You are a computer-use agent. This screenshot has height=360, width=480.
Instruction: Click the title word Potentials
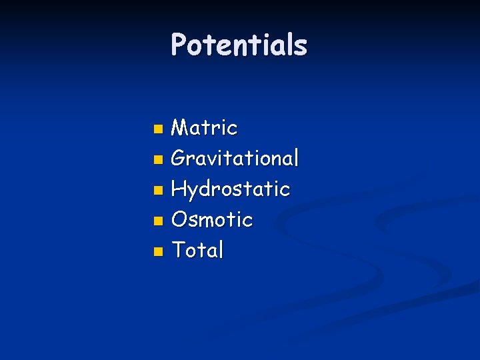click(x=239, y=45)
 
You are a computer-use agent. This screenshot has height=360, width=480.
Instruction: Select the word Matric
click(x=204, y=127)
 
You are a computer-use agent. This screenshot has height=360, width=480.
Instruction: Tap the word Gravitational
click(x=235, y=159)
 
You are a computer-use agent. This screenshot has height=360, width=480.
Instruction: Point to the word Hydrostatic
click(x=230, y=189)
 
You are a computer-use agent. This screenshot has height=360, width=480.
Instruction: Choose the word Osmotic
click(x=212, y=219)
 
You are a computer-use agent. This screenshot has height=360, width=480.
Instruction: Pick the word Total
click(x=197, y=250)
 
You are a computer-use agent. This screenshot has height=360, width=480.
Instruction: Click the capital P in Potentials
click(x=179, y=45)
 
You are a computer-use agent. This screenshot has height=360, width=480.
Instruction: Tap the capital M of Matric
click(x=180, y=127)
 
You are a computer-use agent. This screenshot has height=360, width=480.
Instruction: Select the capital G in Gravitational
click(x=179, y=159)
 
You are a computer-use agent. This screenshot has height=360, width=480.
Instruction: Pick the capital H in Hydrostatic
click(x=179, y=189)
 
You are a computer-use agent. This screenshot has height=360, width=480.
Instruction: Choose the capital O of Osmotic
click(x=179, y=219)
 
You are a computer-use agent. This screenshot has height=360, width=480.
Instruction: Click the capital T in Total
click(x=179, y=250)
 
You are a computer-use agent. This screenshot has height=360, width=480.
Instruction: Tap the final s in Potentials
click(x=301, y=47)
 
